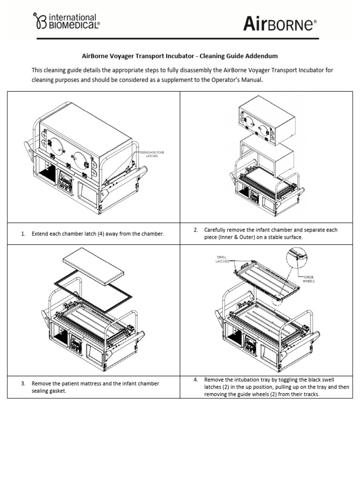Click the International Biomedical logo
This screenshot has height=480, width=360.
tap(66, 22)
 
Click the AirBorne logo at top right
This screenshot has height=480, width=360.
tap(280, 24)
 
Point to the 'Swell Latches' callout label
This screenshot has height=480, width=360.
tap(222, 259)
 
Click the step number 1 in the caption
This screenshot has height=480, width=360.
tap(23, 233)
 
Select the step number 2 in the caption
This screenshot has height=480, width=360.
tap(195, 230)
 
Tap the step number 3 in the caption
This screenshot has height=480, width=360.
tap(23, 383)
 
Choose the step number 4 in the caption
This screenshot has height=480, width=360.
tap(195, 379)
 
